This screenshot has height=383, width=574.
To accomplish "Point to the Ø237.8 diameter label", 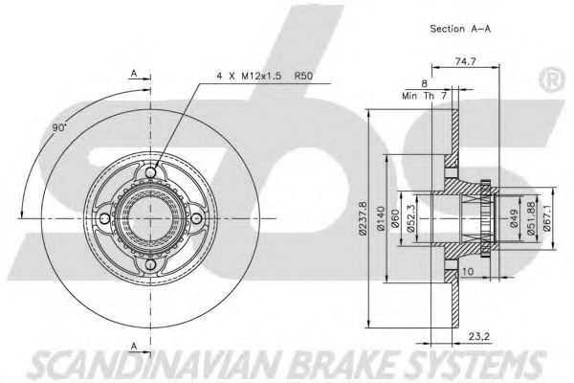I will (360, 217).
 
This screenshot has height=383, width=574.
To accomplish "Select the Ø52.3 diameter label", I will (411, 218).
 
